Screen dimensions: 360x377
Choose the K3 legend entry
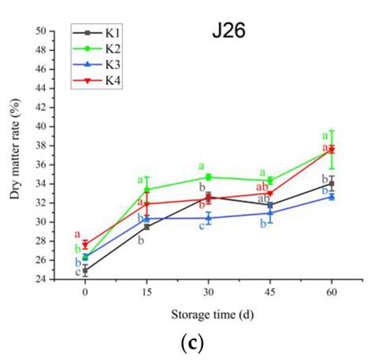pyautogui.click(x=103, y=66)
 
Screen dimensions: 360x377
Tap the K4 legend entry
pyautogui.click(x=103, y=80)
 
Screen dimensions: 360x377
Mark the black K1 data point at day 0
pyautogui.click(x=85, y=270)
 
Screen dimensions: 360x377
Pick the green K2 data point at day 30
pyautogui.click(x=208, y=177)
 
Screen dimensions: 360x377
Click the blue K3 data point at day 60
pyautogui.click(x=332, y=196)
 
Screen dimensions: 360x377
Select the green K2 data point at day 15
pyautogui.click(x=146, y=190)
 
